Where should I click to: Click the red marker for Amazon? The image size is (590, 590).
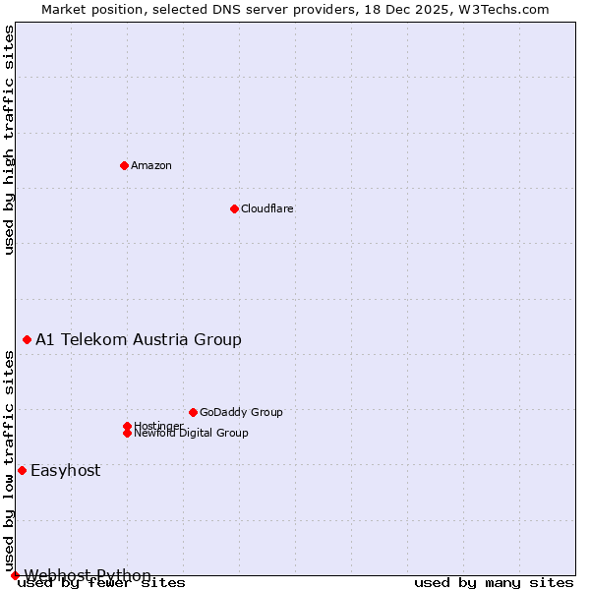pyautogui.click(x=124, y=165)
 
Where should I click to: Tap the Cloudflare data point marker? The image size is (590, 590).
pyautogui.click(x=234, y=208)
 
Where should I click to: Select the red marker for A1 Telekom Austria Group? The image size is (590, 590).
pyautogui.click(x=27, y=339)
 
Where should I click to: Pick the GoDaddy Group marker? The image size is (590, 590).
pyautogui.click(x=193, y=412)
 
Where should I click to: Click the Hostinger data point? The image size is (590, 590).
pyautogui.click(x=127, y=426)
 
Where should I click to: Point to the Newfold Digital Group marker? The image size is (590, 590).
pyautogui.click(x=127, y=433)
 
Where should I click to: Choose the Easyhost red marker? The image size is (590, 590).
pyautogui.click(x=22, y=470)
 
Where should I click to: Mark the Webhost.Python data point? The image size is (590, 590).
pyautogui.click(x=15, y=575)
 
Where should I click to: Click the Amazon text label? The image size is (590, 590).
pyautogui.click(x=151, y=165)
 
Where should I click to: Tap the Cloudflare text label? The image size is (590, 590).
pyautogui.click(x=267, y=208)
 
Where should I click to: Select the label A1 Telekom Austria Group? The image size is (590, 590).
pyautogui.click(x=139, y=339)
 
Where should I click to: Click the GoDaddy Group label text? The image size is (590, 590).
pyautogui.click(x=241, y=412)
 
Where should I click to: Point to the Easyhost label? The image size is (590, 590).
pyautogui.click(x=66, y=470)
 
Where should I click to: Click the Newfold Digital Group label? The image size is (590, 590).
pyautogui.click(x=192, y=434)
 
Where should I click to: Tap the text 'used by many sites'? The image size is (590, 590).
pyautogui.click(x=494, y=582)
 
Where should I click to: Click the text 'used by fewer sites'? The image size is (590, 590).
pyautogui.click(x=102, y=582)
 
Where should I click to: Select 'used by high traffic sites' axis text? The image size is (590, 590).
pyautogui.click(x=10, y=141)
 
